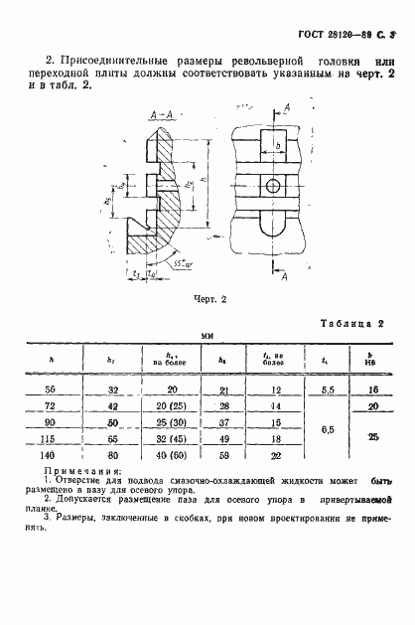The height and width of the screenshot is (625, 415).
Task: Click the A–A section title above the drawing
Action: (163, 115)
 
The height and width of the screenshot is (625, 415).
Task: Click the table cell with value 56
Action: (52, 391)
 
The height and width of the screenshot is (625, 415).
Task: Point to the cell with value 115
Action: (52, 436)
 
